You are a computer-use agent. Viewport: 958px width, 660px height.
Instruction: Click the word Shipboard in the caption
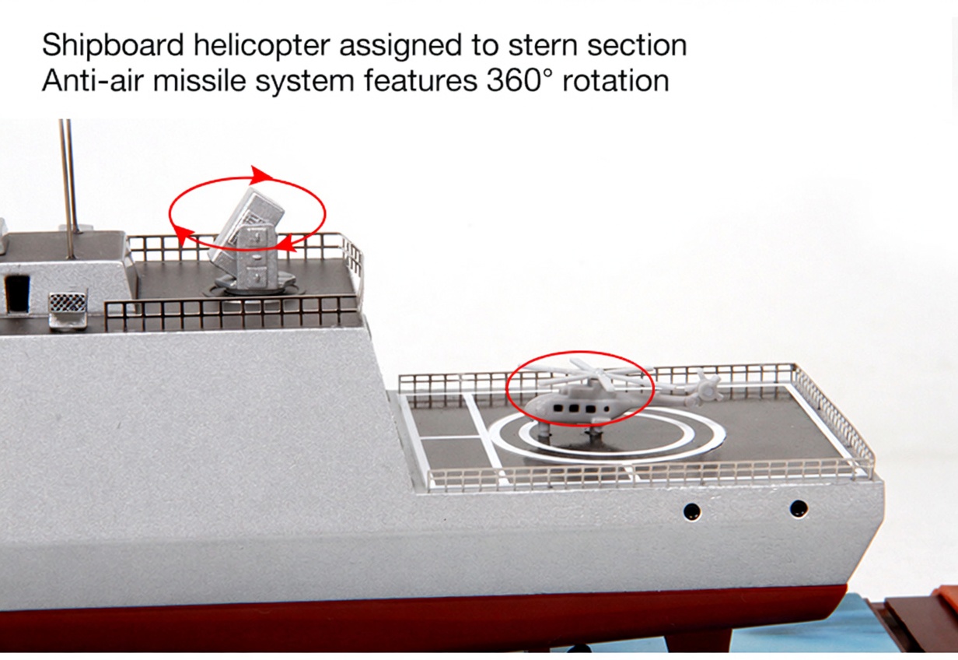tap(113, 45)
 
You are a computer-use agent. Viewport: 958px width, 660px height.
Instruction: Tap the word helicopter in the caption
tap(262, 45)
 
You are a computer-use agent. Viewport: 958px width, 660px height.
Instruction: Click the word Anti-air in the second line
tap(93, 81)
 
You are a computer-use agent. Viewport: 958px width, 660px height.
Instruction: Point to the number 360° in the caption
tap(519, 81)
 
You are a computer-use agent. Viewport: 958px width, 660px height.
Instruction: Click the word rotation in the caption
tap(616, 81)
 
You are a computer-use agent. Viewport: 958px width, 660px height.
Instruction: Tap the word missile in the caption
tap(199, 81)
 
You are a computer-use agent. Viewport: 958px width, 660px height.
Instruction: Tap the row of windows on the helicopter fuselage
tap(581, 408)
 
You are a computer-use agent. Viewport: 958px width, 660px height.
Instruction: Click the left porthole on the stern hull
tap(692, 511)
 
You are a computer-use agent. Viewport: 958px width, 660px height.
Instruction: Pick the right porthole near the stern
tap(799, 508)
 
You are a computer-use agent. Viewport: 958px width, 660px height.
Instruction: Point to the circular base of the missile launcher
tap(252, 285)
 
